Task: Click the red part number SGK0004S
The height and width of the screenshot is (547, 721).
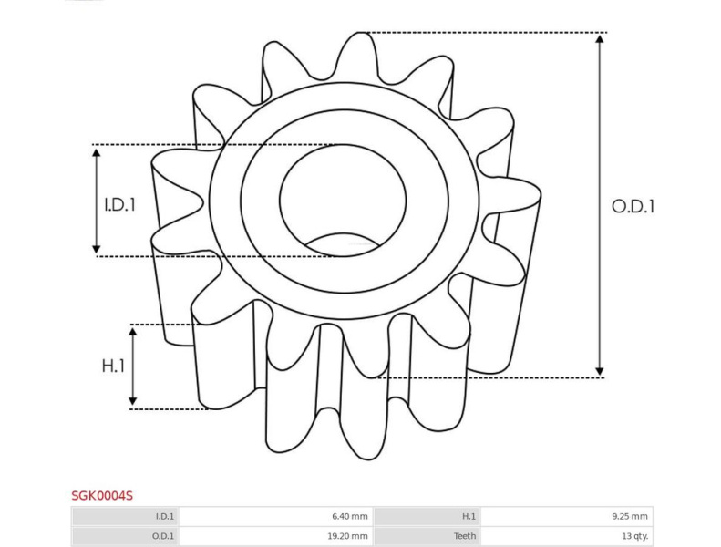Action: pyautogui.click(x=102, y=495)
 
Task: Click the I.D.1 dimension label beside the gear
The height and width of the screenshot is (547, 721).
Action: pyautogui.click(x=120, y=205)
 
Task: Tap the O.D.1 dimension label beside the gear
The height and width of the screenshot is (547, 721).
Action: pyautogui.click(x=633, y=206)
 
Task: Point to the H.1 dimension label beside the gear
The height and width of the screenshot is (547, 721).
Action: pyautogui.click(x=113, y=366)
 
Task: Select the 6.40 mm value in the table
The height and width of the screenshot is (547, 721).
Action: pyautogui.click(x=349, y=516)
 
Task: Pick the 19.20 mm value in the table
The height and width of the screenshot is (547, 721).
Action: pyautogui.click(x=347, y=536)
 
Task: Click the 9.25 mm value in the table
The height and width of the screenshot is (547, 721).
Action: pyautogui.click(x=630, y=516)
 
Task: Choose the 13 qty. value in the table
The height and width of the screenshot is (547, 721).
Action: pyautogui.click(x=634, y=536)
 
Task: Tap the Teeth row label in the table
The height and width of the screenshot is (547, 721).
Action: pyautogui.click(x=465, y=536)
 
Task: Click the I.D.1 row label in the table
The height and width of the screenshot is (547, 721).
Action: pyautogui.click(x=165, y=516)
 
